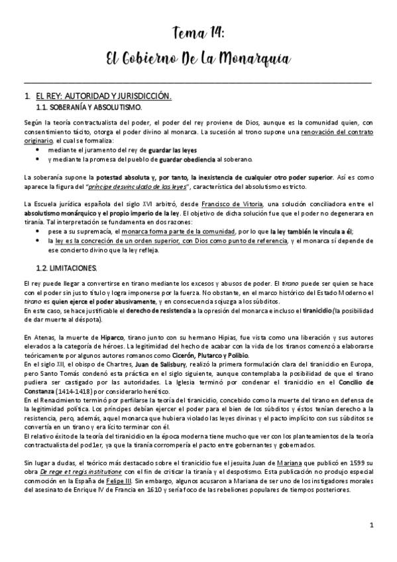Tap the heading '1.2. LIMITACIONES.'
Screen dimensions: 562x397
pos(66,268)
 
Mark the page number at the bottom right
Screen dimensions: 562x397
pos(372,525)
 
